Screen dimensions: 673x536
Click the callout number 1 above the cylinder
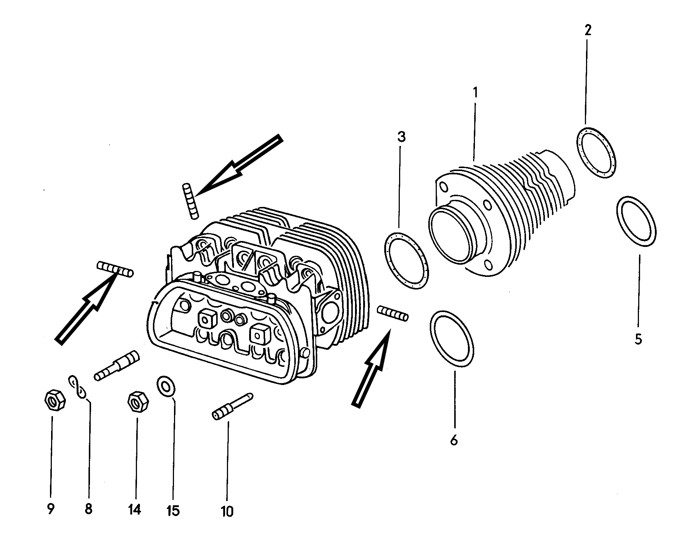tap(475, 92)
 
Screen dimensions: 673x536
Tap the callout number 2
tap(588, 30)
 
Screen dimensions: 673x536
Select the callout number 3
tap(401, 137)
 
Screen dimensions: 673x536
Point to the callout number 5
tap(638, 339)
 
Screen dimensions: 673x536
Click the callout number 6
tap(454, 440)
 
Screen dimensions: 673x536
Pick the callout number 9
tap(51, 509)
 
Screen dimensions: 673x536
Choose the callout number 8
tap(88, 509)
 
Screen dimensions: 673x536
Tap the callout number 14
tap(135, 510)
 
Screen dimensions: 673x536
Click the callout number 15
tap(173, 511)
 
